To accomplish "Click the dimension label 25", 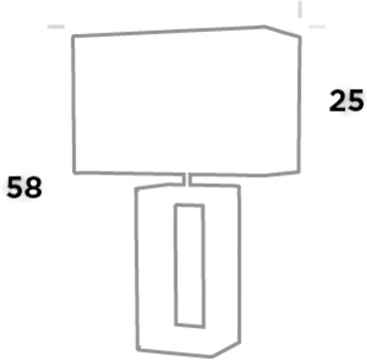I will [347, 101].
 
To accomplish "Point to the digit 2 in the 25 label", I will [339, 101].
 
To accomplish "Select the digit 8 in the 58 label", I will [33, 186].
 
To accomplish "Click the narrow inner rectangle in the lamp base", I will [188, 264].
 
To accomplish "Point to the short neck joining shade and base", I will [189, 179].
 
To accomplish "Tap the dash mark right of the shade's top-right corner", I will [317, 29].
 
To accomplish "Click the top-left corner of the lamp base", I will [136, 186].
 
